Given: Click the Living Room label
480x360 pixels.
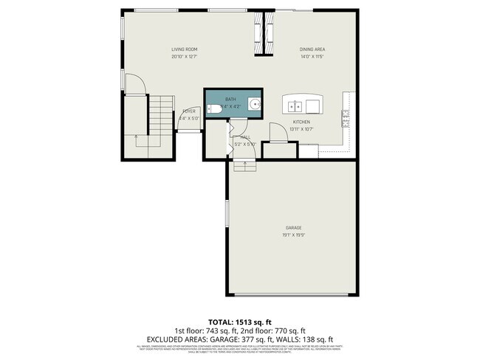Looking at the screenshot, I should point(185,49).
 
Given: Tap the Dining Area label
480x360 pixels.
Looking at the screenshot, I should point(313,49).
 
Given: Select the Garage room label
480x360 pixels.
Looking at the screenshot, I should point(294,227).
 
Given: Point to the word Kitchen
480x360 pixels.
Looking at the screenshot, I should point(301,122).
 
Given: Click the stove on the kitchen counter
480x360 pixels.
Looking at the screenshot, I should point(346,117).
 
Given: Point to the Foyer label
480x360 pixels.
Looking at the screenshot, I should point(189,111).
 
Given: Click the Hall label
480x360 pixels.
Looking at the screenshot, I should point(245,136).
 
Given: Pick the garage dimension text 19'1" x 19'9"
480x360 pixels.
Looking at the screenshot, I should point(294,235).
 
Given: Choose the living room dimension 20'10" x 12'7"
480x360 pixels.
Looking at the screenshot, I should point(185,57).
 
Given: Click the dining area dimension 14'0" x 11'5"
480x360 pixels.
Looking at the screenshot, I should point(313,57).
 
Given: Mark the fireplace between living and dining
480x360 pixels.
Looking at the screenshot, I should point(259,34).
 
